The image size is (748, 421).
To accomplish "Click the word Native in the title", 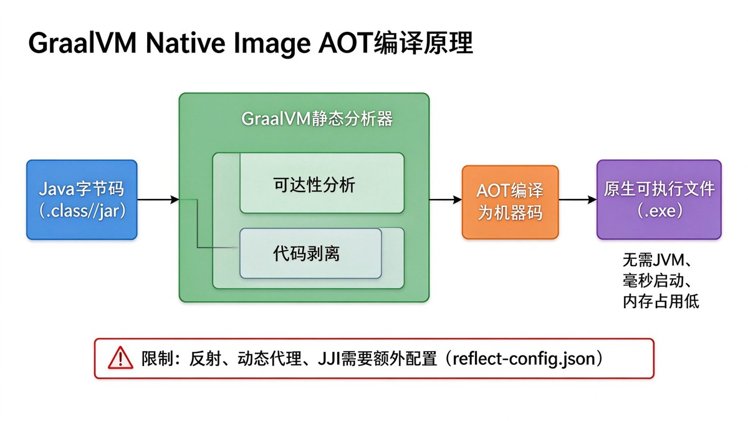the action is [x=185, y=43].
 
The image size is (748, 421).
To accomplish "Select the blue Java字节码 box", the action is [x=82, y=200].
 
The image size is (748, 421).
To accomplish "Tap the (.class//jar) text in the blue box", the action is [x=82, y=211].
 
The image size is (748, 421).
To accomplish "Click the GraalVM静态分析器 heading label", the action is [x=317, y=119].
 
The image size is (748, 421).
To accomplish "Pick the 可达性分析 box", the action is [x=322, y=183].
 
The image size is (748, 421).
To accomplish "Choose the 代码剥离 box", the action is [x=310, y=253].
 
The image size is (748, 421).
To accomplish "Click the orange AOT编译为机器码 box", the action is [x=511, y=202].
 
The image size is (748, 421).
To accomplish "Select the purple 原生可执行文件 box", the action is [x=659, y=200].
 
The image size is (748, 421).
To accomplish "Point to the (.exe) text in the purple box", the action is [x=659, y=211].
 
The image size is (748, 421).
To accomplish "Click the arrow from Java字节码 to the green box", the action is [x=158, y=200].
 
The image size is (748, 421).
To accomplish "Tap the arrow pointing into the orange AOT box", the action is [x=446, y=200].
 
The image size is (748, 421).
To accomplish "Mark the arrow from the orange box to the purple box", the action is [x=578, y=200].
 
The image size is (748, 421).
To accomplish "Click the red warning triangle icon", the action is [x=120, y=358].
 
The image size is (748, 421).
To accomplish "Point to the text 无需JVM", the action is [x=653, y=260].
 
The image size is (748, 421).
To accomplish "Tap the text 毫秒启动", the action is [x=653, y=281].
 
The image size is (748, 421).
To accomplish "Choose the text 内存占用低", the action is [x=661, y=301].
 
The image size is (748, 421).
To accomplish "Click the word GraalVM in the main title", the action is [x=82, y=43].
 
